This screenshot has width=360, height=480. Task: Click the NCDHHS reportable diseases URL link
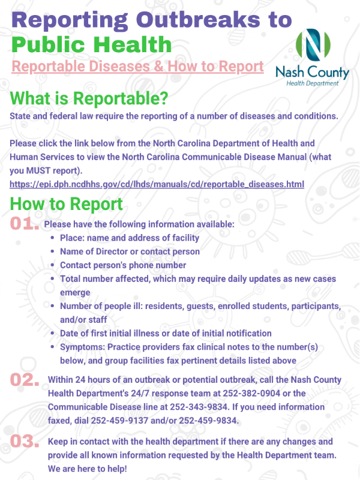(157, 184)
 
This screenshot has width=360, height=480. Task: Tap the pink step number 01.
(25, 223)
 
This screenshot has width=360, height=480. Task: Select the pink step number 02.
(25, 379)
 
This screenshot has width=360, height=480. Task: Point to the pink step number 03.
(25, 442)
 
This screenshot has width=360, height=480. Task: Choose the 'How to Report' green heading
(67, 203)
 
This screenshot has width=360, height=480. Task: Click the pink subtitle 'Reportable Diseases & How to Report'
(138, 65)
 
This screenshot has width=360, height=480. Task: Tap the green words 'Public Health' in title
(91, 44)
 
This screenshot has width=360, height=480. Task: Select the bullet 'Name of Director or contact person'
(130, 251)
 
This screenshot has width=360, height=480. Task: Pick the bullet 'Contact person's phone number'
(123, 265)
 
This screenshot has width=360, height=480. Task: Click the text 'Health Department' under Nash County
(312, 83)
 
